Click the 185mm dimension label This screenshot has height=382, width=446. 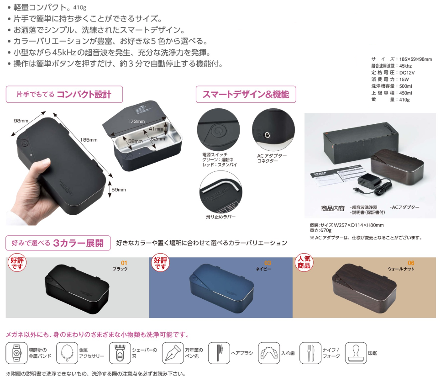[x=89, y=140]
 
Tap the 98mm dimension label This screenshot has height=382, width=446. [x=21, y=121]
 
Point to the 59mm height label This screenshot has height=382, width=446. [x=119, y=190]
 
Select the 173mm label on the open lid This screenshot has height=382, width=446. [x=136, y=121]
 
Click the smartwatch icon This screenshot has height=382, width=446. [x=16, y=353]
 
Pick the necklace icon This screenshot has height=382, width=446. [x=67, y=353]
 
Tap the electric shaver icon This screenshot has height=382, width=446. [x=120, y=353]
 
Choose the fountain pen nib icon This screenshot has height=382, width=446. [x=173, y=353]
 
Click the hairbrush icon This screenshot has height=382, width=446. [x=219, y=353]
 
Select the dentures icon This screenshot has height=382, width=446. [x=269, y=353]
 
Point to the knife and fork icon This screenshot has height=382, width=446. [x=310, y=353]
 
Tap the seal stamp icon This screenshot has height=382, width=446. [x=356, y=353]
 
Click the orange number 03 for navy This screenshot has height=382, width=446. [x=268, y=263]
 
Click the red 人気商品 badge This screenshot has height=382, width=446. [x=304, y=262]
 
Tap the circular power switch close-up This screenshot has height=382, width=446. [x=218, y=130]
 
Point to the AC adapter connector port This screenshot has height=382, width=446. [x=267, y=135]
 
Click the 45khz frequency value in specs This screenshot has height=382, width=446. [x=405, y=66]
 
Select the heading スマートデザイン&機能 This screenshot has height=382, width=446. [x=246, y=94]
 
